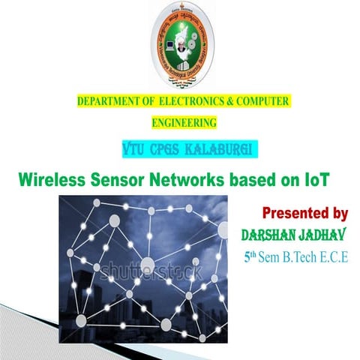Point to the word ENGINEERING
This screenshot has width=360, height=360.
tap(184, 121)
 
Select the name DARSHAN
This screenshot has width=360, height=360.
tap(271, 235)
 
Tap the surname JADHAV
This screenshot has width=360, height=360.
tap(327, 235)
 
